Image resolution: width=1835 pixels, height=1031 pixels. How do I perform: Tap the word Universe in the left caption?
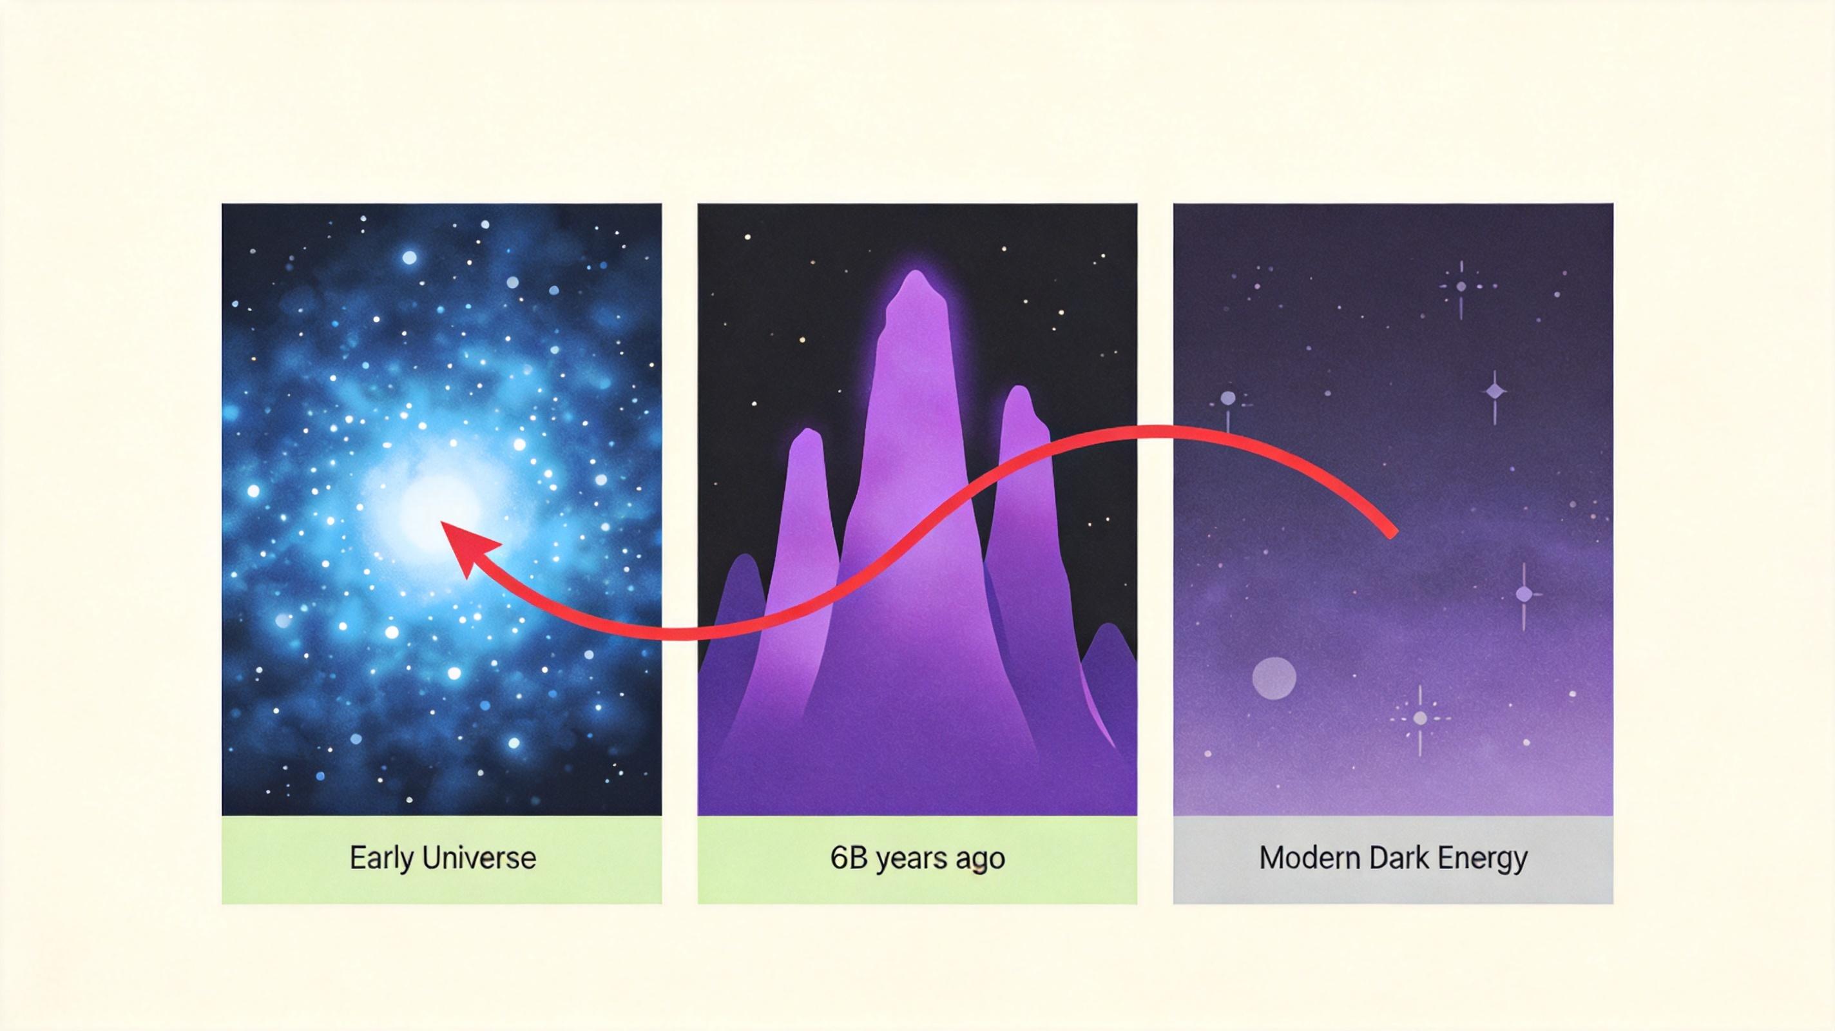click(479, 858)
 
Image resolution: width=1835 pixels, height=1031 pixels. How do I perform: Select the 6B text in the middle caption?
click(849, 858)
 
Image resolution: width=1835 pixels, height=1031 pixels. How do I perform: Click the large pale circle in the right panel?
click(1274, 679)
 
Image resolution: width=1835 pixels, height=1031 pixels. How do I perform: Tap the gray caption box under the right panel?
click(1392, 860)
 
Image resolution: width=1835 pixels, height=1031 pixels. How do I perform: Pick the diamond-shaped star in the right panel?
click(1495, 392)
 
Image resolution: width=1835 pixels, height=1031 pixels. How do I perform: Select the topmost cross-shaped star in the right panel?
click(1461, 287)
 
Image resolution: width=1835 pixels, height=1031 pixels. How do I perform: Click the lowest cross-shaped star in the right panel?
click(1419, 718)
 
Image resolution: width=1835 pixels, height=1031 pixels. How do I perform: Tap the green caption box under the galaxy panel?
click(441, 860)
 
